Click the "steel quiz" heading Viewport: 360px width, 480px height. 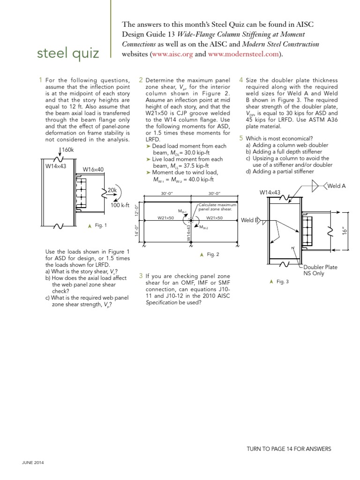coord(68,53)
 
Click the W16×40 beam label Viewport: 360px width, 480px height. coord(93,170)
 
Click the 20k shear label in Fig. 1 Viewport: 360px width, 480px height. coord(112,190)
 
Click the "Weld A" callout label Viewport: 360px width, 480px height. coord(336,186)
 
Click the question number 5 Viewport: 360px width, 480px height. coord(241,138)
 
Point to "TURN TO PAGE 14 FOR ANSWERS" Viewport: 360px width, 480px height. coord(289,449)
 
